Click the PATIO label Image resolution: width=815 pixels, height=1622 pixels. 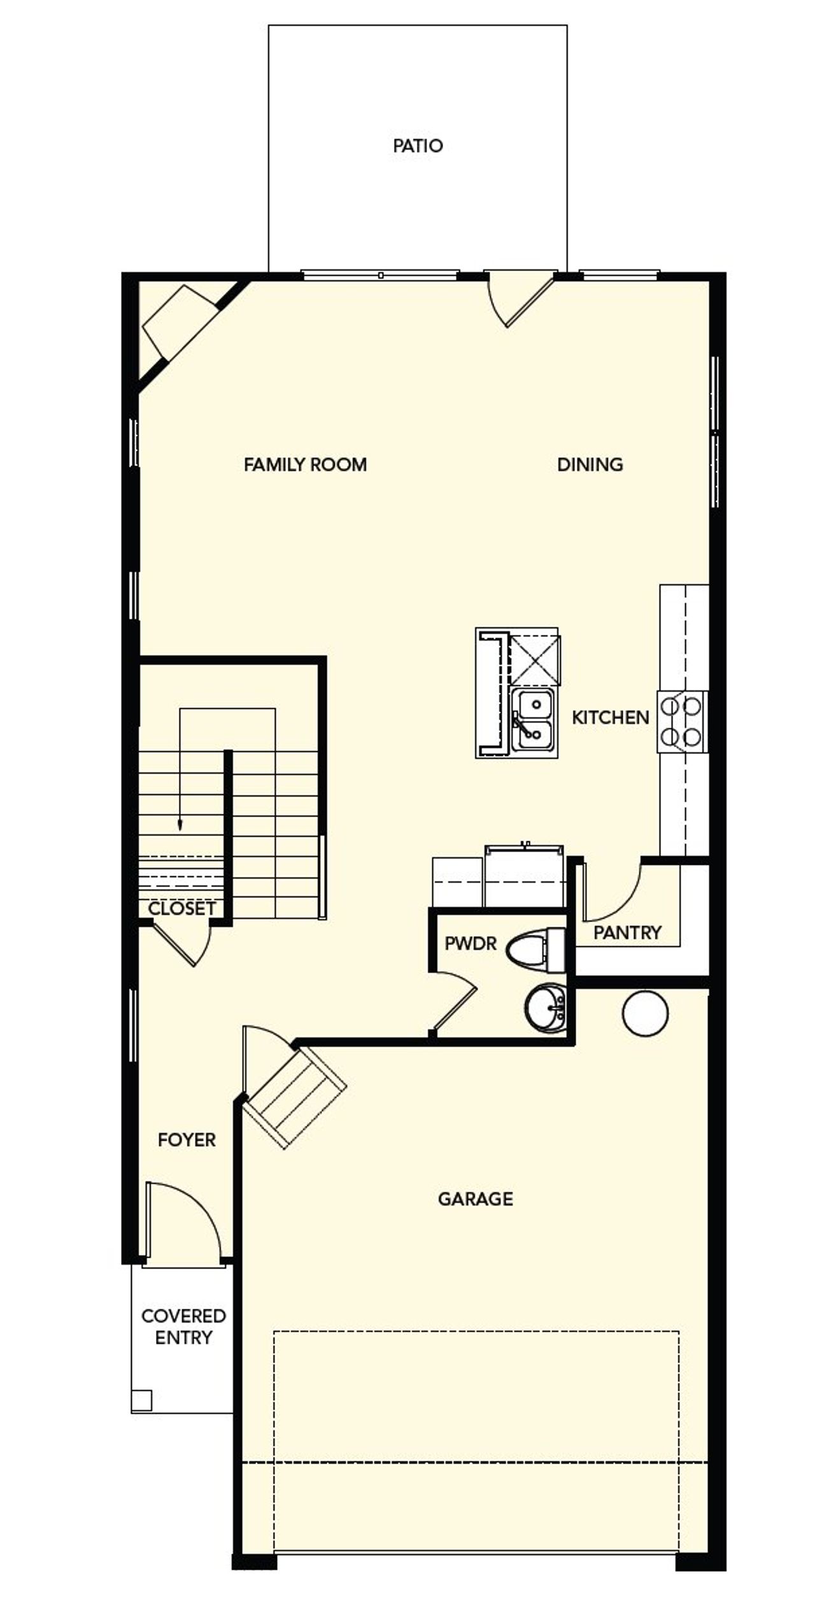point(418,146)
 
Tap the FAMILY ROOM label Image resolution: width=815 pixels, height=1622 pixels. point(305,465)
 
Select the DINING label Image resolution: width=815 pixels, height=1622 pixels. point(590,465)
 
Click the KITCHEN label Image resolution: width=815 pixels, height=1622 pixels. point(610,718)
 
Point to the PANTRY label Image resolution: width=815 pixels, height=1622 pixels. point(627,933)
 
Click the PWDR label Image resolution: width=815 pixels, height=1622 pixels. point(470,944)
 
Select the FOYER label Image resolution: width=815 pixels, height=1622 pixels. point(187,1140)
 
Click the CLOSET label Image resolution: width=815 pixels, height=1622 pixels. point(181,909)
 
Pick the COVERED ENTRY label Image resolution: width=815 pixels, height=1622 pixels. point(183,1327)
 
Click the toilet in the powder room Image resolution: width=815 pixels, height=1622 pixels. point(535,950)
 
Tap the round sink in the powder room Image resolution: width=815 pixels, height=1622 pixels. point(546,1007)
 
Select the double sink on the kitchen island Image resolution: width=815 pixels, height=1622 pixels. point(534,719)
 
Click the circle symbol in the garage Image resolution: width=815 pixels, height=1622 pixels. point(645,1013)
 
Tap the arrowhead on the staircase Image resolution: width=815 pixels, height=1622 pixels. point(180,825)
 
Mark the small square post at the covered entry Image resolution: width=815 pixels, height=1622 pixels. point(141,1400)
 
